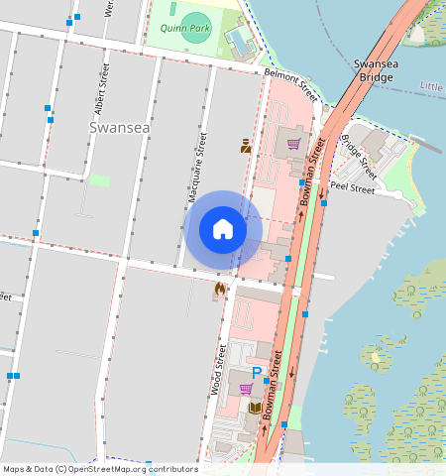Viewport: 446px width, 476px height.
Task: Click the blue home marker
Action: (x=223, y=230)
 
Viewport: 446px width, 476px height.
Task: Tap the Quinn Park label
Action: (x=184, y=30)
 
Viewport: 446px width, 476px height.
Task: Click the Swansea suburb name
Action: (x=118, y=127)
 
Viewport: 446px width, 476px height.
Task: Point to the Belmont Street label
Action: (x=290, y=84)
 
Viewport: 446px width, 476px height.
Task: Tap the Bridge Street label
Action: (x=359, y=150)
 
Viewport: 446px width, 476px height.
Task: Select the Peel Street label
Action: (x=353, y=186)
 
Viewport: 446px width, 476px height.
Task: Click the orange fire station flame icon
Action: (x=219, y=289)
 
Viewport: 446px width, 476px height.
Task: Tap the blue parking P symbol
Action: (x=257, y=373)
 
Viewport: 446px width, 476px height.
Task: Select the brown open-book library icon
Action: (x=255, y=408)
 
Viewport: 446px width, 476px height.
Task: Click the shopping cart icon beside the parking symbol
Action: (x=245, y=389)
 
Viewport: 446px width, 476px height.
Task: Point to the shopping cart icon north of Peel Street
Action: (x=293, y=144)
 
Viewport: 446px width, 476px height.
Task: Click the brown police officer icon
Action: (x=245, y=146)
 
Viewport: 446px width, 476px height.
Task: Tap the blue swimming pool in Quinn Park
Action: (x=238, y=41)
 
